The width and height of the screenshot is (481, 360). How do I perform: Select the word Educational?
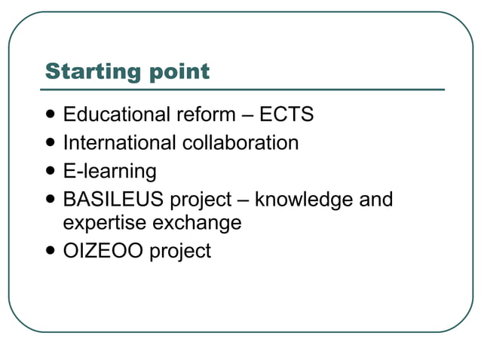(x=118, y=114)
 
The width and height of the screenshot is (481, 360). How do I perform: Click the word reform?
(x=207, y=114)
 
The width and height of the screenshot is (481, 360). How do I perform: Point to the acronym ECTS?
(x=286, y=114)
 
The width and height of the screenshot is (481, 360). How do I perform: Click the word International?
(x=119, y=142)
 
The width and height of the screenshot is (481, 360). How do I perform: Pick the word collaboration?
(x=240, y=142)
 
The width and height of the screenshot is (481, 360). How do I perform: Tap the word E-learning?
(x=110, y=171)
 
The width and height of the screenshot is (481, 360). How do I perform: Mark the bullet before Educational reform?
(x=51, y=115)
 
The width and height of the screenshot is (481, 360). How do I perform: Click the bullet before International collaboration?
(x=51, y=143)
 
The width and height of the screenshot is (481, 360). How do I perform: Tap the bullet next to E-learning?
(x=51, y=171)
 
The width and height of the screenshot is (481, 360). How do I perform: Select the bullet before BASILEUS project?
(x=51, y=200)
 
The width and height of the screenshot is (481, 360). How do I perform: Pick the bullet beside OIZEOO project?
(x=51, y=251)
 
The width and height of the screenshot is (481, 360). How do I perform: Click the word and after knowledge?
(x=375, y=200)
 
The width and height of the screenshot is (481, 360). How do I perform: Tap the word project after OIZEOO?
(x=180, y=252)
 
